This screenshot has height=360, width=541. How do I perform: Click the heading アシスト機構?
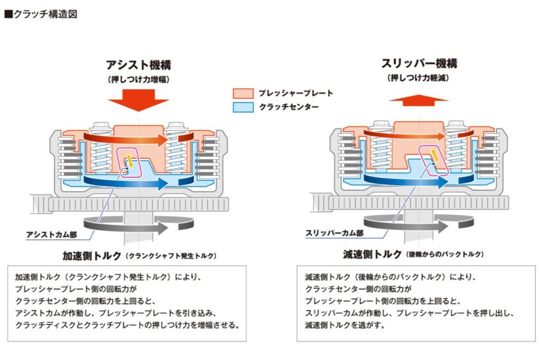[139, 65]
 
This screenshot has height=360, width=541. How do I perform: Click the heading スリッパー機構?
[419, 65]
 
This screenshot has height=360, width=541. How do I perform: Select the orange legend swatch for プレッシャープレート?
[242, 94]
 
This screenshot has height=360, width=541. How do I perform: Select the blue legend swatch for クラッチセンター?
[242, 107]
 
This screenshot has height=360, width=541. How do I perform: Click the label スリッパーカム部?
[334, 232]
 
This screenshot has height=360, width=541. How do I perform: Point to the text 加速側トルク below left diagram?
[91, 255]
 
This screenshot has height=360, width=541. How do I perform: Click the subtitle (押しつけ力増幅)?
[139, 79]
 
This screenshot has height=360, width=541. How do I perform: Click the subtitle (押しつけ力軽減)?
[419, 78]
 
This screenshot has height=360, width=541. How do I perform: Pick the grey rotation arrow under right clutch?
[416, 224]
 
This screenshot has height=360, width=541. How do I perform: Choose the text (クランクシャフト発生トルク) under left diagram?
[170, 255]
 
